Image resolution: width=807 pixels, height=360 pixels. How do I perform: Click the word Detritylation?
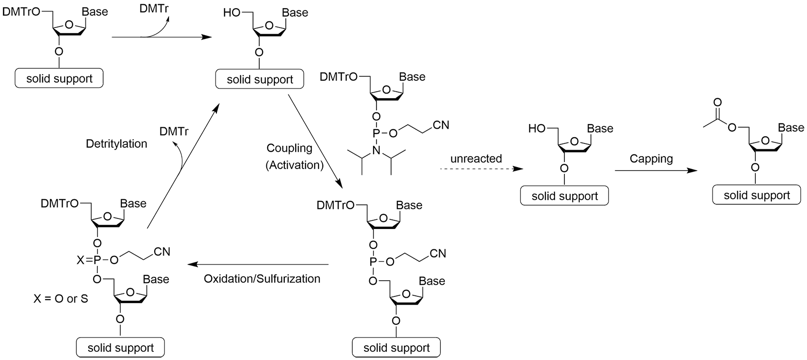[x=116, y=143]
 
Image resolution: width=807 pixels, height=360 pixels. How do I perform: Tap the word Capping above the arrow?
[x=651, y=159]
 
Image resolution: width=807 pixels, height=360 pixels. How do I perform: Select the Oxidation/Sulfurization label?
[x=262, y=279]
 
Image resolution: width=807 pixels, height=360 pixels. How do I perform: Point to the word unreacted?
[x=476, y=159]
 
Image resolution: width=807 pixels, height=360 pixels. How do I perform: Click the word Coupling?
[x=290, y=148]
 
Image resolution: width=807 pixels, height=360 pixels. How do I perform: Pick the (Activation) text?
[x=294, y=165]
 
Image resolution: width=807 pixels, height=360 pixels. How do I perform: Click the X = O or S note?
[x=61, y=299]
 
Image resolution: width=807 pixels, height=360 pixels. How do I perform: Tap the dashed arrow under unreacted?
[x=480, y=169]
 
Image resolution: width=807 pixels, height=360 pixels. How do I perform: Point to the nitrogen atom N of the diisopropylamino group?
[x=376, y=151]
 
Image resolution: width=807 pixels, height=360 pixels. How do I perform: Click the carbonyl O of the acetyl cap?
[x=717, y=102]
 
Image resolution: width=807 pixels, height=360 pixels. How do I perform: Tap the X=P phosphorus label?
[x=97, y=260]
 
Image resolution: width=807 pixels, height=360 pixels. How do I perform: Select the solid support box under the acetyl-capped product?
[x=757, y=195]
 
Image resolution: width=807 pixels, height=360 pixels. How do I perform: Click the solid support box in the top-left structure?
[x=59, y=78]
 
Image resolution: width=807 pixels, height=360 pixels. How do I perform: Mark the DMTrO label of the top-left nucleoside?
[x=21, y=12]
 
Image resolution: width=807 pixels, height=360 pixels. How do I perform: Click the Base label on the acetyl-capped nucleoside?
[x=791, y=128]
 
